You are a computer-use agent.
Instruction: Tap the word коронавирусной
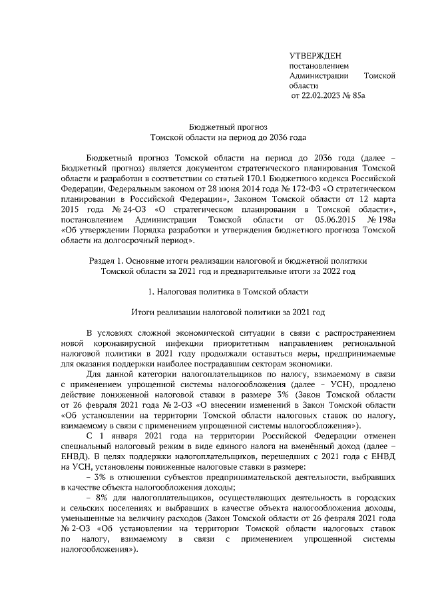pyautogui.click(x=117, y=342)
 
